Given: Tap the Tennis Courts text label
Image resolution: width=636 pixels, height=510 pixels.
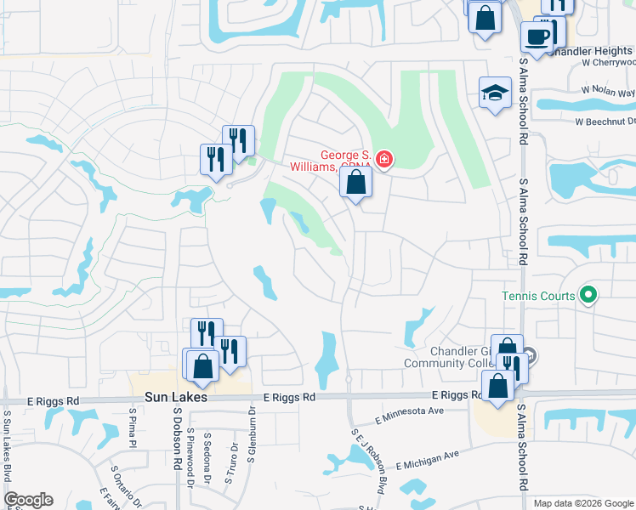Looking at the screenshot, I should [537, 296].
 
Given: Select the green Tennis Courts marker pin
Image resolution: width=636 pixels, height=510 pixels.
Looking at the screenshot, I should [588, 296].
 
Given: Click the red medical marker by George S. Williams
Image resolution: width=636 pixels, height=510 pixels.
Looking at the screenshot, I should [383, 159].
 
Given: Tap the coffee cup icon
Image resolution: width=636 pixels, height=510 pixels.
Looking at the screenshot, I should [537, 37].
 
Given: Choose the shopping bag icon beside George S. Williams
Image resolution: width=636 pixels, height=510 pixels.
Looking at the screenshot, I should [355, 181].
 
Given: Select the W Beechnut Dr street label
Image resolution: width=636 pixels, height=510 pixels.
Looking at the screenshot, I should [605, 122].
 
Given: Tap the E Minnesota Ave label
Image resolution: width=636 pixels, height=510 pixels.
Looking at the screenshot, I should [410, 414].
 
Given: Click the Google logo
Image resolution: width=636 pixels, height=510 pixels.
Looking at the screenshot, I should [28, 500].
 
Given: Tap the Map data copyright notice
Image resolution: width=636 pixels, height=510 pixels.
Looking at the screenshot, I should [582, 503].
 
